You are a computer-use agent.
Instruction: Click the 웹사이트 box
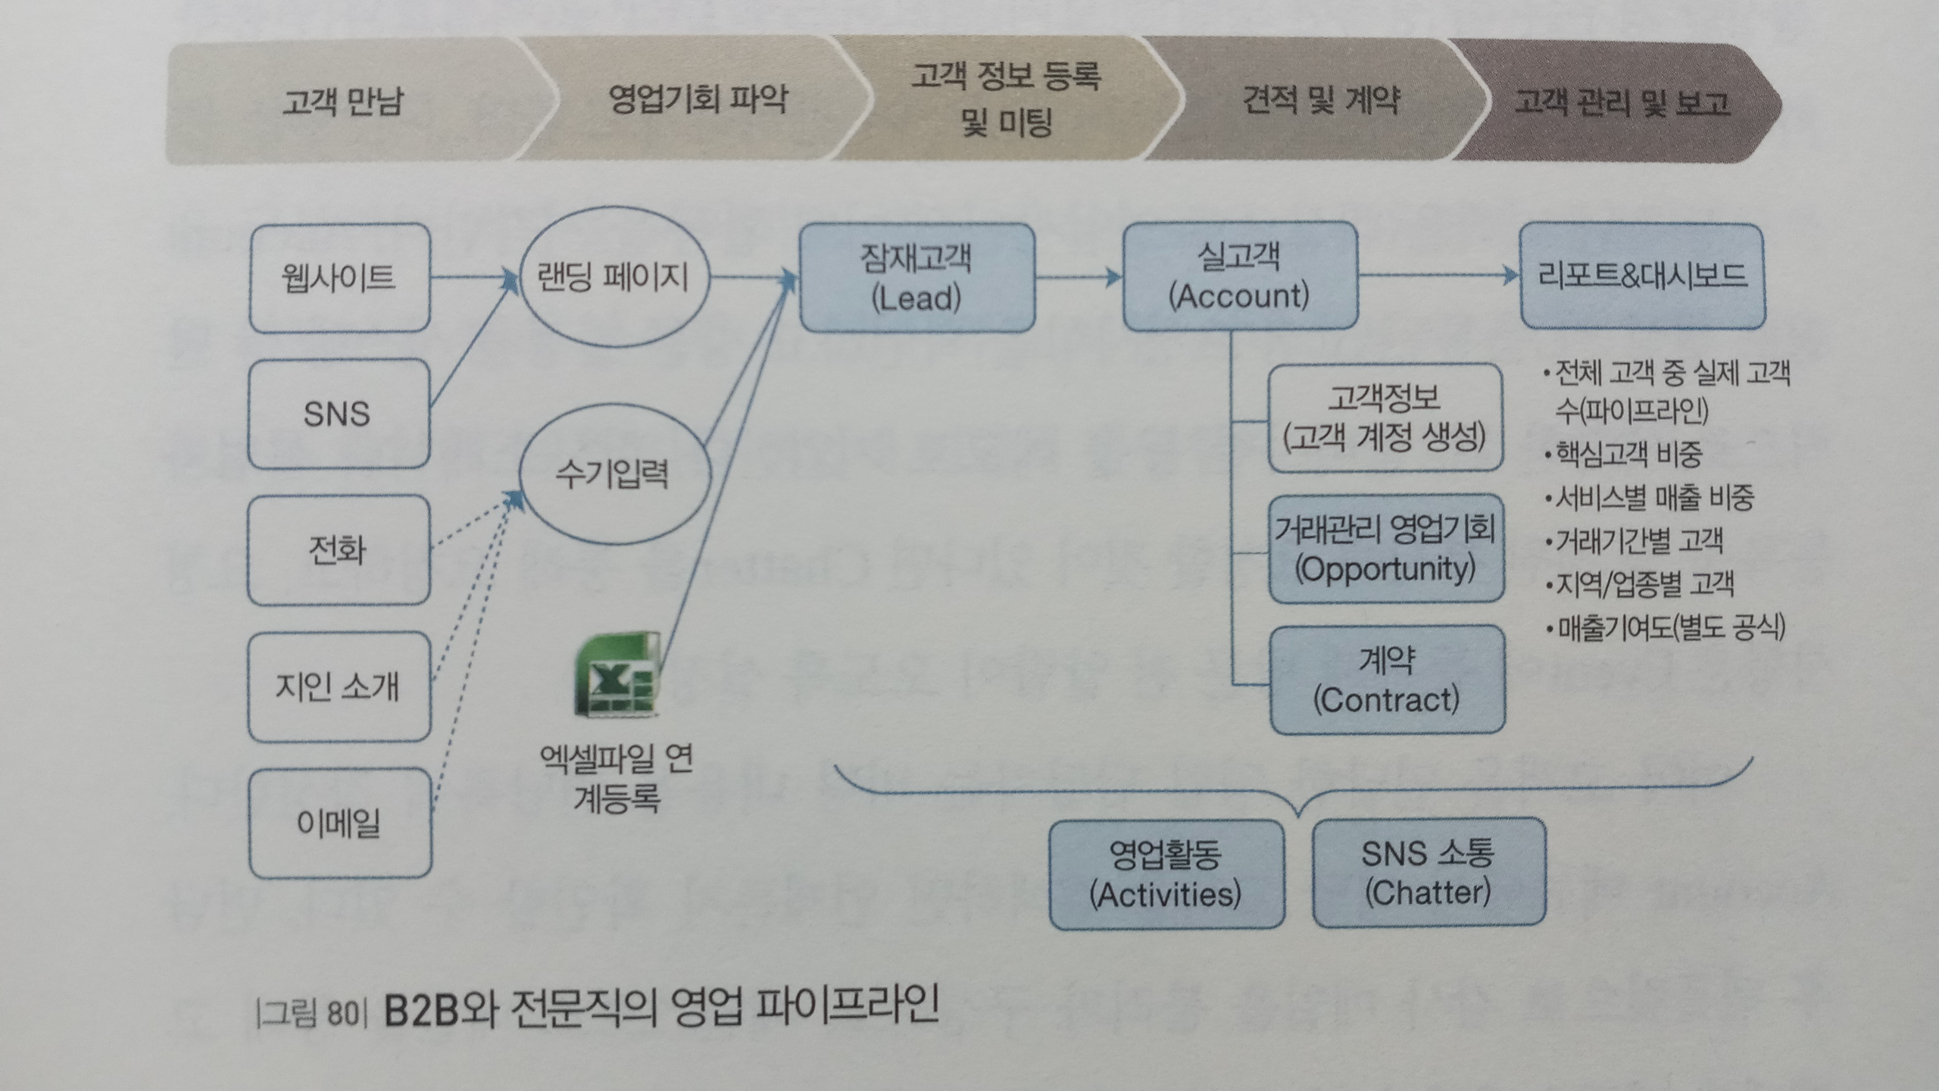(x=339, y=277)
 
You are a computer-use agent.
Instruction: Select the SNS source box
(x=339, y=414)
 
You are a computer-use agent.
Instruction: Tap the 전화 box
(x=339, y=550)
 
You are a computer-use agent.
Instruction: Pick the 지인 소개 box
(x=339, y=686)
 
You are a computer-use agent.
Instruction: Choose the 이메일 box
(x=339, y=824)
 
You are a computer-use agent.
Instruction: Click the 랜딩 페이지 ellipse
(x=614, y=277)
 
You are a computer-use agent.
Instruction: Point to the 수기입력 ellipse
(x=614, y=476)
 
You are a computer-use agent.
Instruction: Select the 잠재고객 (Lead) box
(x=916, y=277)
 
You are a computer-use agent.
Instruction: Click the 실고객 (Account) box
(x=1239, y=276)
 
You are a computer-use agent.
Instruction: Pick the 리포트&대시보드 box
(x=1642, y=276)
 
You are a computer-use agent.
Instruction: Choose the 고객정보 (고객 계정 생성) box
(x=1385, y=417)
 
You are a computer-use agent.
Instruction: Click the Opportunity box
(x=1386, y=549)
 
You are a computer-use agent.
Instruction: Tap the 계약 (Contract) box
(x=1387, y=680)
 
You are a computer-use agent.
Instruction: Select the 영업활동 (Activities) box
(x=1166, y=874)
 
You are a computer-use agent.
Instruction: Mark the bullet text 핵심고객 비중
(x=1628, y=455)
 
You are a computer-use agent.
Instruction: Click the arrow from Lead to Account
(x=1079, y=277)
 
